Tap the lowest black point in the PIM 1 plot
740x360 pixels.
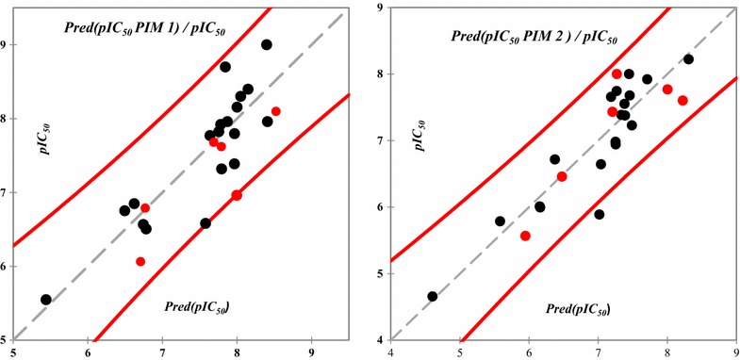click(46, 300)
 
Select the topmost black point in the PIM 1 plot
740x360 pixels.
click(267, 44)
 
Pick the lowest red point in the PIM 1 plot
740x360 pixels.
click(140, 261)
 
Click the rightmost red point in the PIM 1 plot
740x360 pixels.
click(276, 111)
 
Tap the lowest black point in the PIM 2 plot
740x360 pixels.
click(433, 296)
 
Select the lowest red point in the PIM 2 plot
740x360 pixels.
click(525, 236)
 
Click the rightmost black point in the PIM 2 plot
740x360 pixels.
click(688, 59)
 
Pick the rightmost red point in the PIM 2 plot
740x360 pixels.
click(682, 101)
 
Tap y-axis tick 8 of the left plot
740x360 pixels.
click(5, 119)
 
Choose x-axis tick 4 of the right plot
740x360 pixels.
click(390, 352)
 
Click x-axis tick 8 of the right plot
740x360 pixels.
click(666, 352)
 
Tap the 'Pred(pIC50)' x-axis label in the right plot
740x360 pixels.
click(578, 308)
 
